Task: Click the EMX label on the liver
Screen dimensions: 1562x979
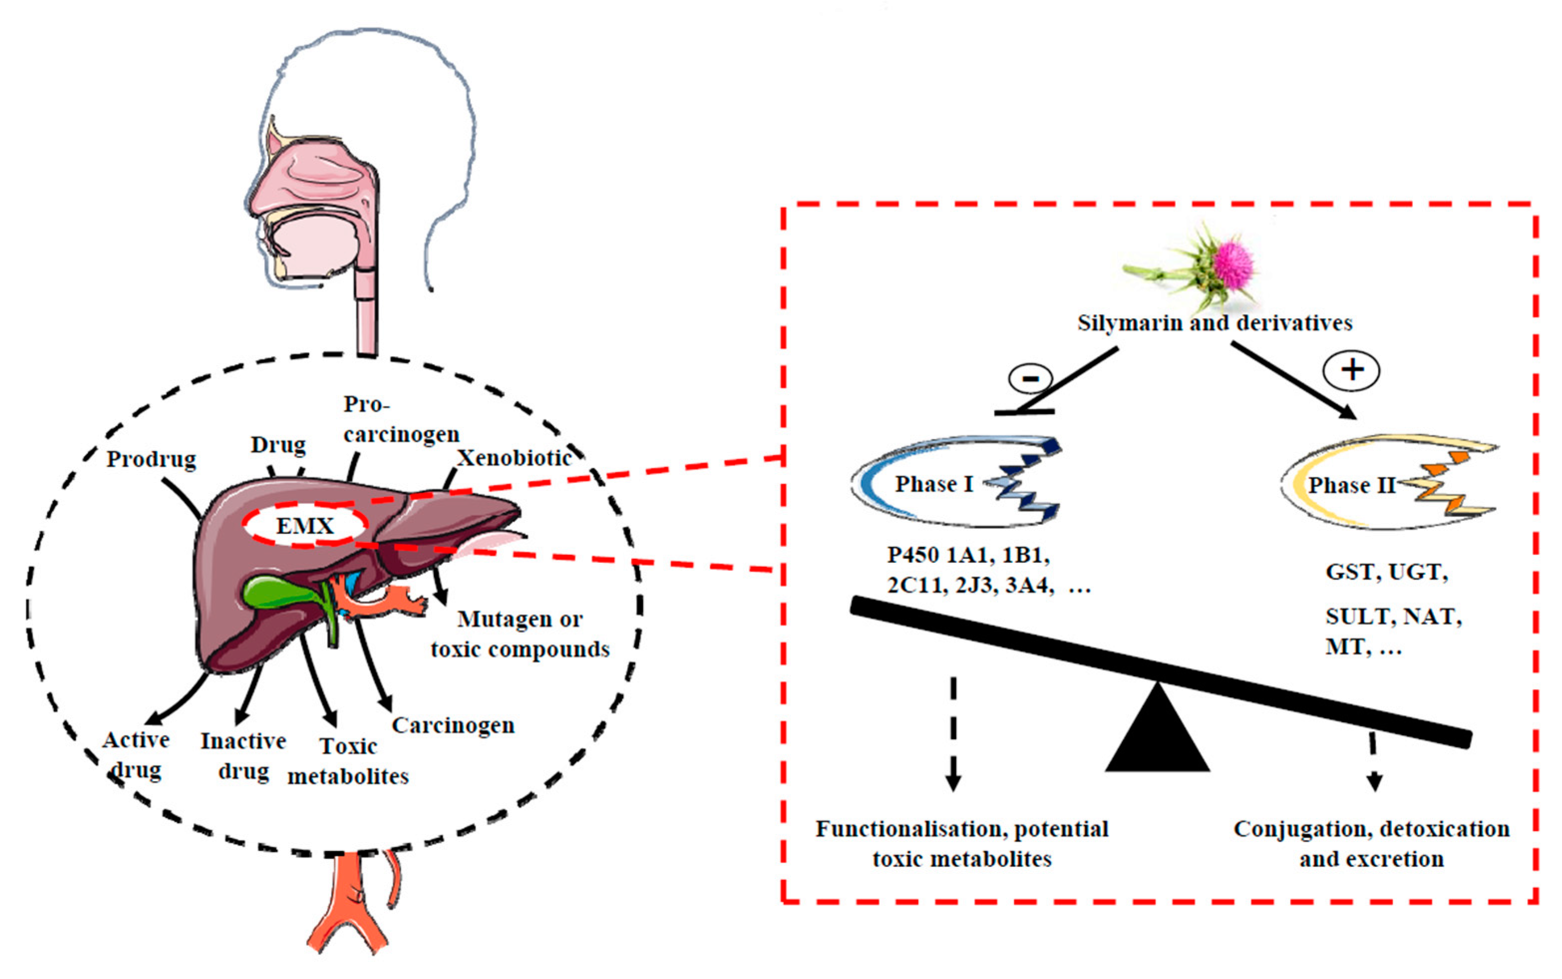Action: (x=305, y=525)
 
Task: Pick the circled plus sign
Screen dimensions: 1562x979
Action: (x=1352, y=371)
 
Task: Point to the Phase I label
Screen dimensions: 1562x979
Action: (x=934, y=484)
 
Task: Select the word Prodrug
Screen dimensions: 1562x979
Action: (x=152, y=459)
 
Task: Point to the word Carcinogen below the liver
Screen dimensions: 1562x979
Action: (x=453, y=726)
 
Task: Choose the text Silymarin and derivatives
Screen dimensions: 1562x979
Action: (x=1215, y=323)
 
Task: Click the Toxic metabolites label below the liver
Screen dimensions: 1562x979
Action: (x=348, y=761)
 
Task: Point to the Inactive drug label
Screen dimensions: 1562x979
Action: (x=244, y=755)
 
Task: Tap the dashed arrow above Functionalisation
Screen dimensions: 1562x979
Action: (x=953, y=734)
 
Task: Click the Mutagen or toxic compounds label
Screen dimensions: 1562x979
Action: (x=520, y=634)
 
